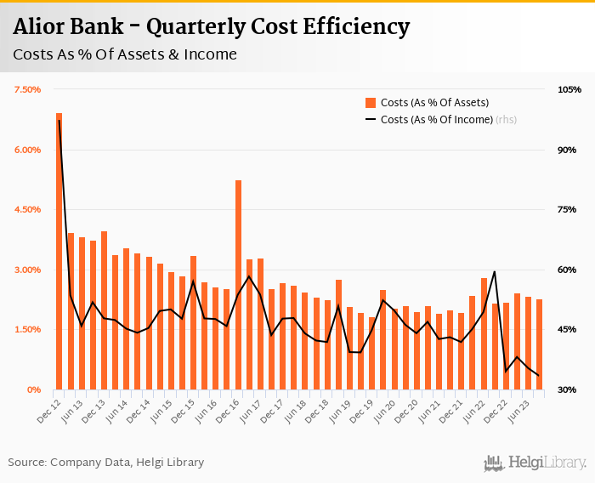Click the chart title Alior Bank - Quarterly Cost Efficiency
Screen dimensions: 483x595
click(211, 27)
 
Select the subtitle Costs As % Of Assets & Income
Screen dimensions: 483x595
click(124, 55)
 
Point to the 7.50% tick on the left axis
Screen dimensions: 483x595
click(27, 89)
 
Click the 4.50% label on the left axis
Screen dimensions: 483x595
click(27, 209)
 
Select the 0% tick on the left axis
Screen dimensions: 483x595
click(34, 389)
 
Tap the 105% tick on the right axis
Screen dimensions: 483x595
click(569, 89)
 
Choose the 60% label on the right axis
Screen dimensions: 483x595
click(568, 270)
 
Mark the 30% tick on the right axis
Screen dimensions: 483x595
click(568, 389)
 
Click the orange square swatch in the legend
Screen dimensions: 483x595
click(371, 102)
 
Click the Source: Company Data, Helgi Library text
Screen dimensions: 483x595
click(106, 463)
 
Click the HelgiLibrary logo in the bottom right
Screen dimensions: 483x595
click(535, 463)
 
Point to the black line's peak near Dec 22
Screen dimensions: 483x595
click(495, 272)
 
